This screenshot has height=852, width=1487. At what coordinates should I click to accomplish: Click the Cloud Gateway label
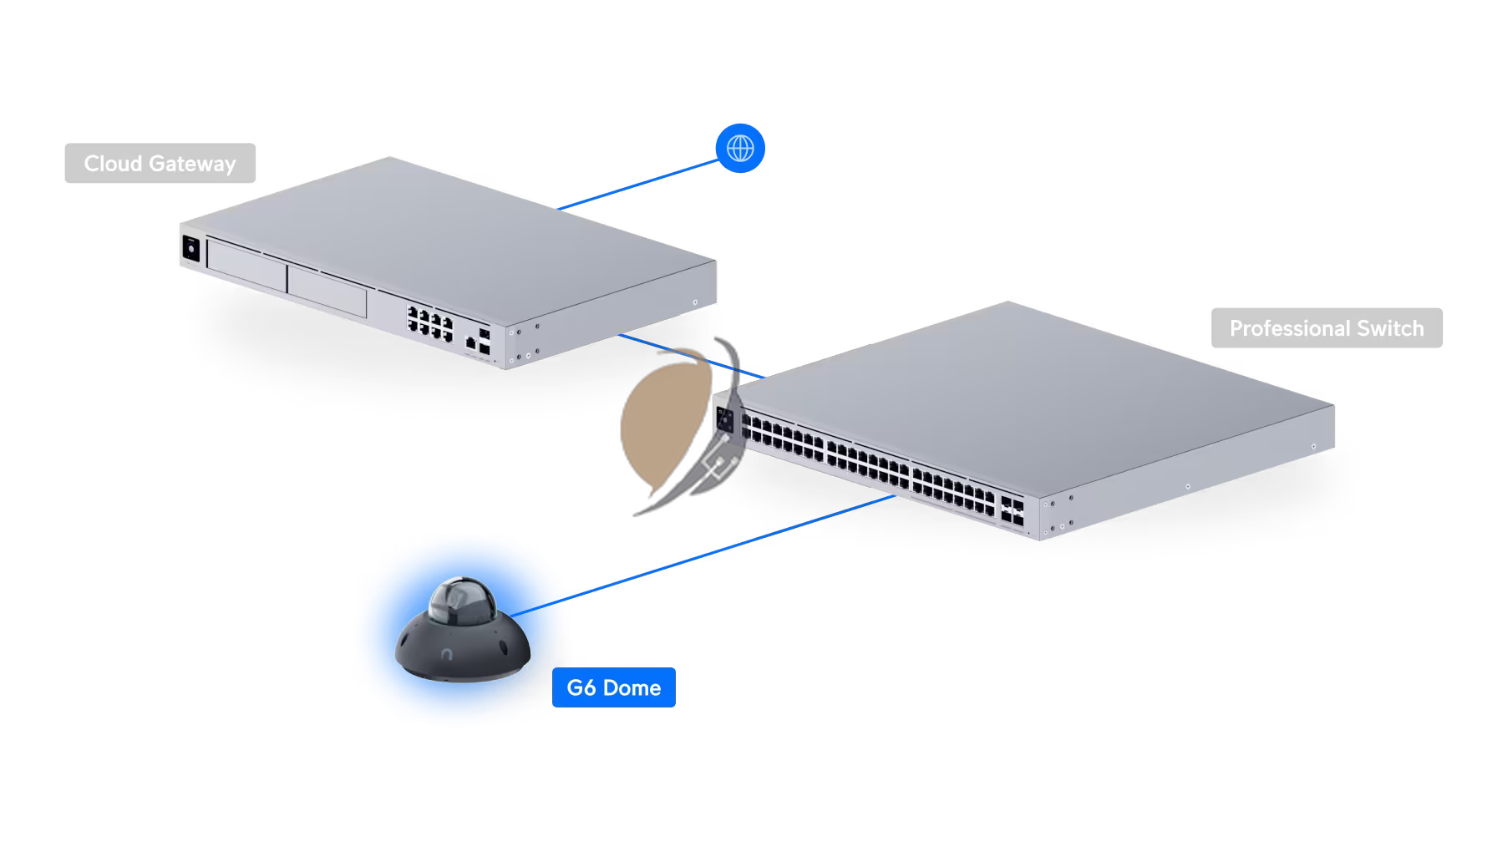click(x=160, y=164)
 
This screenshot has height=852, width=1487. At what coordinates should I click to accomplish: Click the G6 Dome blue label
click(x=613, y=688)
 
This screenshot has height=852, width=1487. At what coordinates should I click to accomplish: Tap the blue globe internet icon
click(x=740, y=149)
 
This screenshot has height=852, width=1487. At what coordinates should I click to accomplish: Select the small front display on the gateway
click(x=190, y=248)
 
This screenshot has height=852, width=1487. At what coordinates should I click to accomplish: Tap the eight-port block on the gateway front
click(x=429, y=321)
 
